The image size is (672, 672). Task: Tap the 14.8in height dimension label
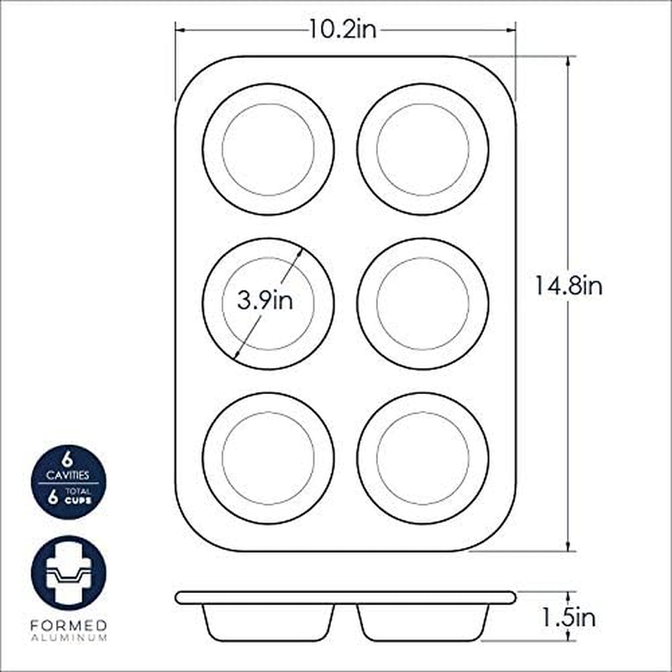tap(570, 286)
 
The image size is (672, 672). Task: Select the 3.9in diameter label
tap(265, 301)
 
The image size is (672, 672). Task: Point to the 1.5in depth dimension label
tap(569, 620)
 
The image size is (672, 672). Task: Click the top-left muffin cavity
tap(268, 150)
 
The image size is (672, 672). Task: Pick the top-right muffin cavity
tap(423, 150)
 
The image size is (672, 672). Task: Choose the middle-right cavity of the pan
tap(423, 304)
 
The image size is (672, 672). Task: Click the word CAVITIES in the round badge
tap(69, 475)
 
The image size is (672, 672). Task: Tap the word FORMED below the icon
tap(69, 626)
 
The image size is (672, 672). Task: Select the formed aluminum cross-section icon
tap(69, 574)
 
